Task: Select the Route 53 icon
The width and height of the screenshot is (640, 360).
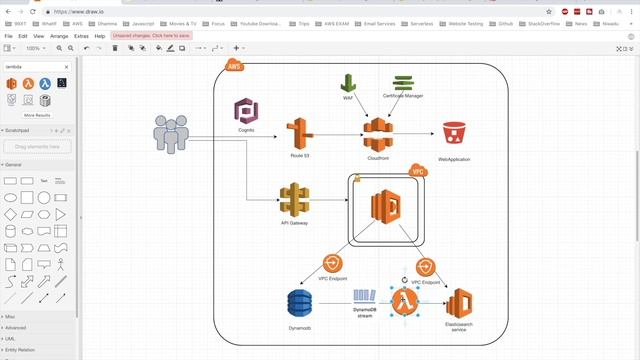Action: [x=299, y=133]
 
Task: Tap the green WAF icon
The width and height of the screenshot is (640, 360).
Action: [x=348, y=84]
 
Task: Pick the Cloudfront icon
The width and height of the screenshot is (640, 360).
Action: [x=378, y=134]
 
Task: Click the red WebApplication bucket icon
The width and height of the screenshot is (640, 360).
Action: [x=454, y=135]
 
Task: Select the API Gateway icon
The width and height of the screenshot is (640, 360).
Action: [x=293, y=200]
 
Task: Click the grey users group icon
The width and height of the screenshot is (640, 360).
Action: [x=171, y=134]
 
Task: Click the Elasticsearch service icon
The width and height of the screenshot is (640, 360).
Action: [x=459, y=304]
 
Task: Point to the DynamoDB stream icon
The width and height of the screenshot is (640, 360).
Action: [x=363, y=297]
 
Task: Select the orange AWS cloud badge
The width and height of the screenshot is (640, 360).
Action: [x=234, y=67]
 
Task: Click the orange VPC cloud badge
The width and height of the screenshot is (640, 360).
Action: [x=419, y=170]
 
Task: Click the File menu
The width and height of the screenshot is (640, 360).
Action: [x=8, y=36]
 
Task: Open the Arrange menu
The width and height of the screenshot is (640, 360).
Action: [x=59, y=36]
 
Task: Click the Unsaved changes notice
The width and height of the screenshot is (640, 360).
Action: [x=150, y=36]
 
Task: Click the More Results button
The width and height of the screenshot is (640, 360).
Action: [x=37, y=115]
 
